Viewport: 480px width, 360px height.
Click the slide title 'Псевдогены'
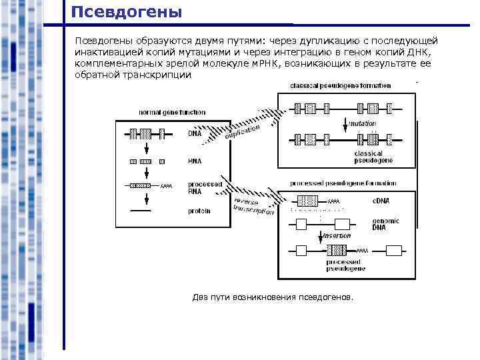(x=126, y=12)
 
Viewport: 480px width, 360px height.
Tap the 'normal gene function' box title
(x=172, y=112)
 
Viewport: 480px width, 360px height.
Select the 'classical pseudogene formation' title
(x=340, y=86)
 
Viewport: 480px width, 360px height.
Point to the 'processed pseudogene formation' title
(x=343, y=183)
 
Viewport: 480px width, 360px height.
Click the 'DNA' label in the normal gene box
(x=194, y=133)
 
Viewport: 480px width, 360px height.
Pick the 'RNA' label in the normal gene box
(x=195, y=161)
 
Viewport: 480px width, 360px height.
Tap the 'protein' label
(x=199, y=211)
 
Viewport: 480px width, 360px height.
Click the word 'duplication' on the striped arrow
(x=242, y=131)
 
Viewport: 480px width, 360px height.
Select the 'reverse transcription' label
(x=253, y=206)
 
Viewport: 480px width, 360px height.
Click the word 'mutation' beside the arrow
(x=363, y=123)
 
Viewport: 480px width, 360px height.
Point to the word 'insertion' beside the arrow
(x=337, y=235)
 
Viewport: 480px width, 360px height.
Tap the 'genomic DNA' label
(x=385, y=223)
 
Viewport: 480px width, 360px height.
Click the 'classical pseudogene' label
(x=373, y=157)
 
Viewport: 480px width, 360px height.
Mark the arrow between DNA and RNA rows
(x=145, y=148)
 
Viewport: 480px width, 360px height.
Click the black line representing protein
(x=140, y=211)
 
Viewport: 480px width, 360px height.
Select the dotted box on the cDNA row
(x=307, y=201)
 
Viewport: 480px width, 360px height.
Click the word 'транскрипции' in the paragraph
(x=158, y=75)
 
